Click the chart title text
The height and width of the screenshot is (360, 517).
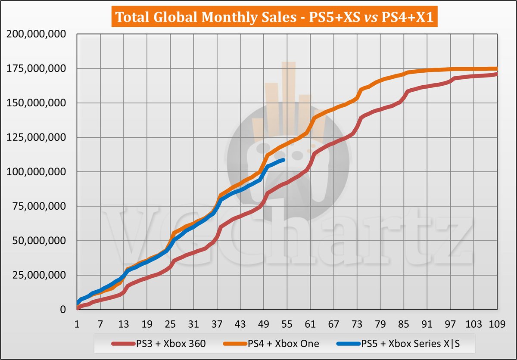[x=258, y=18]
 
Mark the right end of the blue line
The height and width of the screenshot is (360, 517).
[x=283, y=160]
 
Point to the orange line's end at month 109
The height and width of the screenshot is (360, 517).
[x=497, y=68]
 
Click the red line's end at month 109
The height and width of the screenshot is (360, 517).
[x=497, y=74]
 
